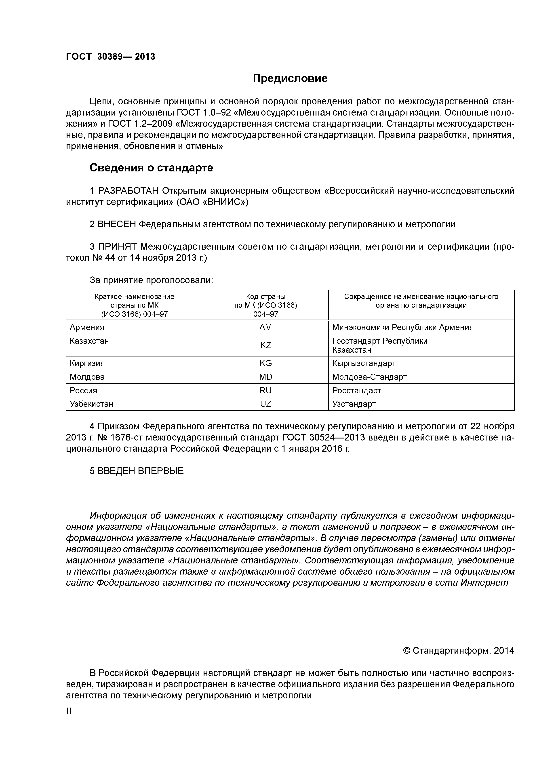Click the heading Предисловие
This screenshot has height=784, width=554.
click(x=290, y=78)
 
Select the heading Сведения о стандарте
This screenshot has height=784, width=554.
click(x=151, y=168)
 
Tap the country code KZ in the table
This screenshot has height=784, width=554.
click(x=265, y=345)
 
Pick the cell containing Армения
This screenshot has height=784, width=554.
click(x=87, y=327)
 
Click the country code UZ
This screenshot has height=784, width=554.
click(x=265, y=404)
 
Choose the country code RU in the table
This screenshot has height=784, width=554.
click(x=265, y=390)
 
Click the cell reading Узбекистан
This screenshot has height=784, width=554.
click(x=91, y=404)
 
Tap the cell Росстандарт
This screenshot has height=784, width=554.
click(x=356, y=390)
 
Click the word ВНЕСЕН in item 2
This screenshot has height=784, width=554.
click(x=117, y=224)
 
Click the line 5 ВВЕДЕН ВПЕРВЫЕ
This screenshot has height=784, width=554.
click(x=137, y=471)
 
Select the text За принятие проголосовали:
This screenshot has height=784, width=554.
click(x=151, y=280)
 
